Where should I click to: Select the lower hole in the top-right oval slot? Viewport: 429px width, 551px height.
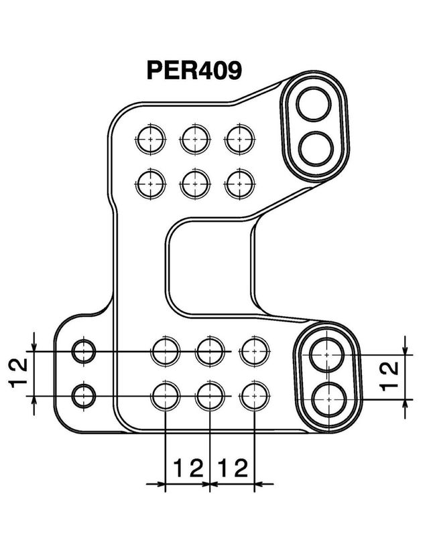314,148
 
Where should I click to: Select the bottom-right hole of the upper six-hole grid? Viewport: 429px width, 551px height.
239,183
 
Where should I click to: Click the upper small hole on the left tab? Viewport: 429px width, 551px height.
84,351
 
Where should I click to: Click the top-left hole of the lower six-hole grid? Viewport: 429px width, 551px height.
166,351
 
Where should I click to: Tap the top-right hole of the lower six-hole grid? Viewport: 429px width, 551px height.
255,351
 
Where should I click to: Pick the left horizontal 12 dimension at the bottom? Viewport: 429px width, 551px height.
188,467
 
